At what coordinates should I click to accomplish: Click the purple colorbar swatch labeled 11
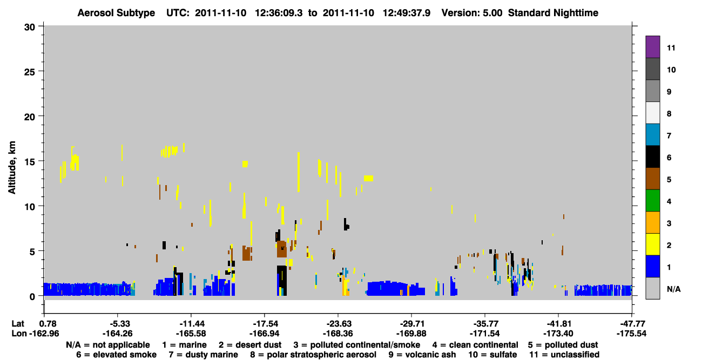652,46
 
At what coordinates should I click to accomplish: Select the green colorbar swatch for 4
652,201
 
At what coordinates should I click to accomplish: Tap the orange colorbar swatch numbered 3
652,222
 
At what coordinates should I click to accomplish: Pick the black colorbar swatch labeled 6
652,157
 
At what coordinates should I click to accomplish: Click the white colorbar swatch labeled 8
652,113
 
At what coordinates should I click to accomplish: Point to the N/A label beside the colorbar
673,289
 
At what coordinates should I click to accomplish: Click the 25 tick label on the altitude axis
30,72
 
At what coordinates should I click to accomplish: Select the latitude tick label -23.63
339,324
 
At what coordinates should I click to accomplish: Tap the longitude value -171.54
485,334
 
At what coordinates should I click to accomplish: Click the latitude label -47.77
631,324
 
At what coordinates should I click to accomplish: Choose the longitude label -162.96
44,334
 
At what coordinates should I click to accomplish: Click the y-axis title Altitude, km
12,168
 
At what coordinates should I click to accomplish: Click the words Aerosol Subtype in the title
116,13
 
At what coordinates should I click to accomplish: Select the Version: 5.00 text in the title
472,13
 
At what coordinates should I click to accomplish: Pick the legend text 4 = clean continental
475,345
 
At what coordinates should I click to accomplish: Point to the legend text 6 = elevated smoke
116,355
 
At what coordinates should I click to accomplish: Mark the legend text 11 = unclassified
564,355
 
